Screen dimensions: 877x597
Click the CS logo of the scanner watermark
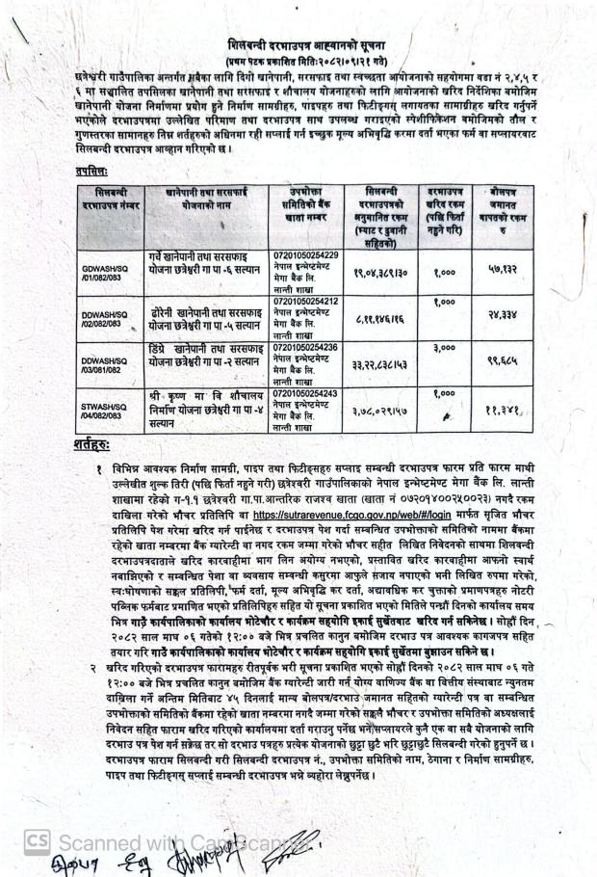(38, 839)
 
